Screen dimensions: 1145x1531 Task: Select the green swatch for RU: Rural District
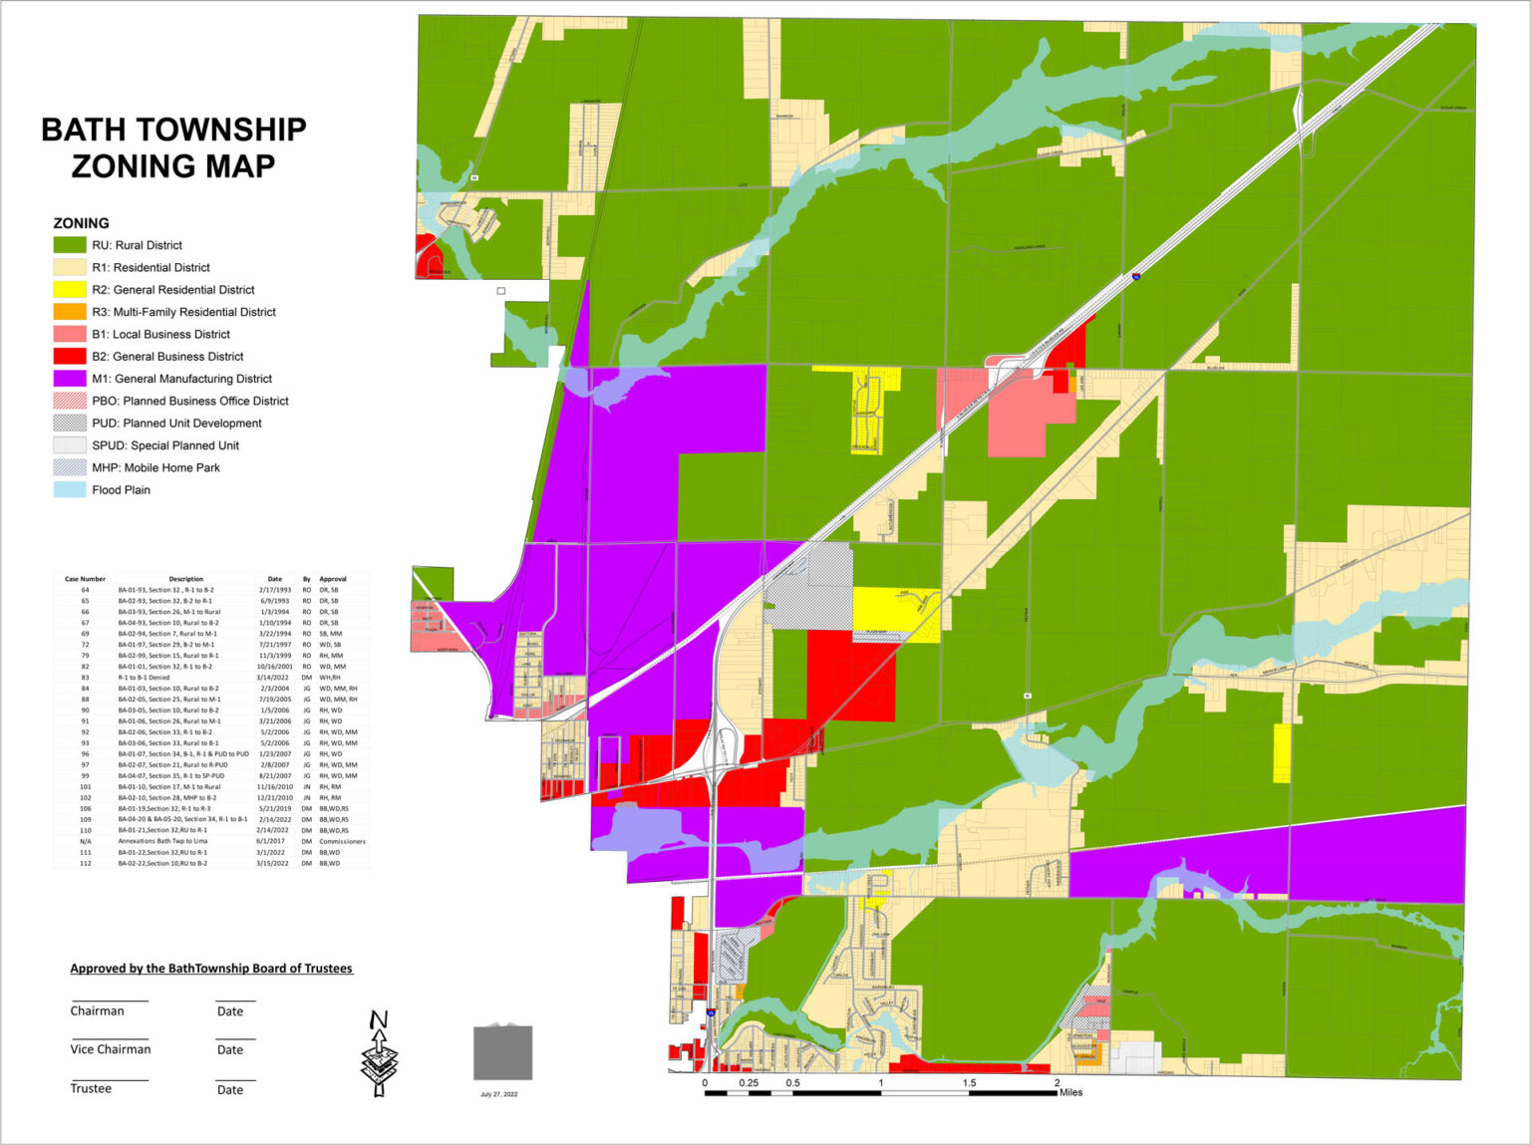(x=70, y=245)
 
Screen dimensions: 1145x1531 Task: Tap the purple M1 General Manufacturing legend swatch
(x=70, y=379)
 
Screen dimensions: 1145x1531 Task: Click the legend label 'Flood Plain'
(x=121, y=490)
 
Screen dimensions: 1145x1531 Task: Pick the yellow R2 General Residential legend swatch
(x=70, y=290)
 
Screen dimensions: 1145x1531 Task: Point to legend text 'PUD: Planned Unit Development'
(x=176, y=424)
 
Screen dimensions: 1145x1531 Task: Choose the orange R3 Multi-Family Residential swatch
(x=70, y=312)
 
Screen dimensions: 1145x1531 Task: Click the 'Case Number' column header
(x=85, y=579)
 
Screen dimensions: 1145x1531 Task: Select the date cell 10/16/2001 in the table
(x=274, y=667)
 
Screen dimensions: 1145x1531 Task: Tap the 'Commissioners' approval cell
(x=342, y=842)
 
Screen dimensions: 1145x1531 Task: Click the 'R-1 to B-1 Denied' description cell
(x=145, y=678)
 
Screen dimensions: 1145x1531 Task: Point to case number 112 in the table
(x=86, y=864)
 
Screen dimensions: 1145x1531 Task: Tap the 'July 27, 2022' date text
(x=498, y=1094)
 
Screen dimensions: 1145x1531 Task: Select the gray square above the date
(x=502, y=1052)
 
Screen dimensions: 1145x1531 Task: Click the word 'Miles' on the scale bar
(x=1071, y=1093)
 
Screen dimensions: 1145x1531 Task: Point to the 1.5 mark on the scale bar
(x=969, y=1083)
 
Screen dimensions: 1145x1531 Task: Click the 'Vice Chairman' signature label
(x=111, y=1049)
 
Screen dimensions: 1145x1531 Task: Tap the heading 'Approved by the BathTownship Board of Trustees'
(x=211, y=969)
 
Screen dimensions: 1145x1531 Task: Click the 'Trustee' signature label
(x=91, y=1089)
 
